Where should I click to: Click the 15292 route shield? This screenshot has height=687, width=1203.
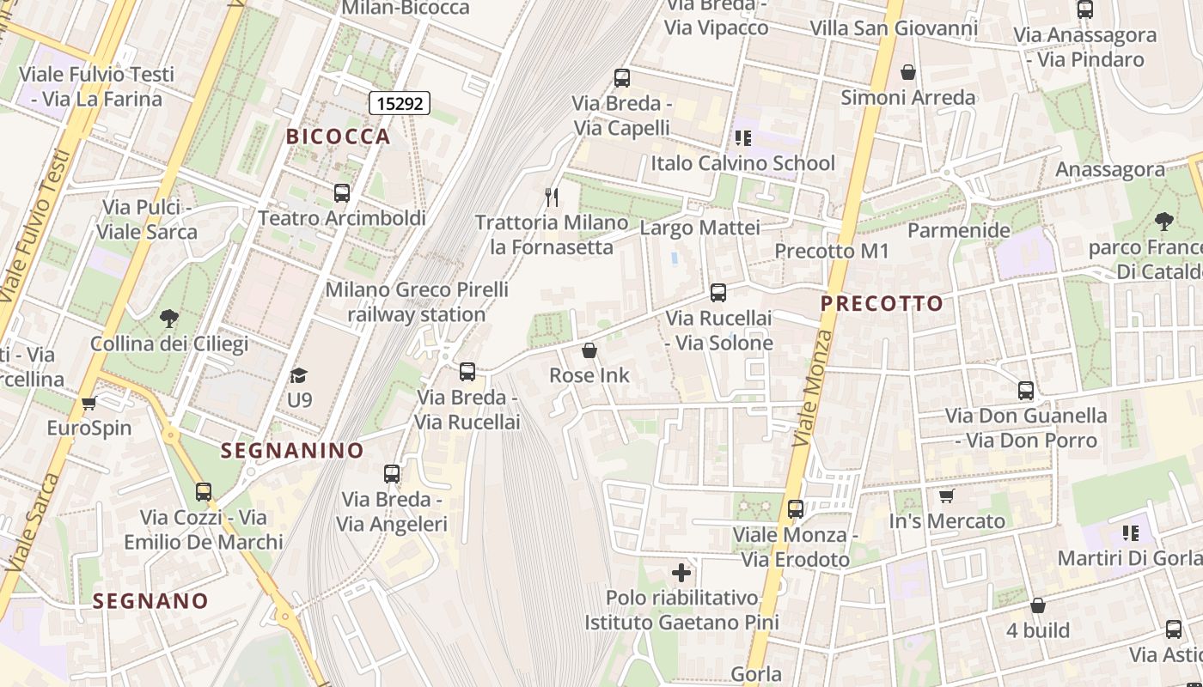400,104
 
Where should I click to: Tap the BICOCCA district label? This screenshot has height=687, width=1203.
339,137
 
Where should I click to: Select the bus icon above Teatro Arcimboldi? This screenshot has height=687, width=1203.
342,193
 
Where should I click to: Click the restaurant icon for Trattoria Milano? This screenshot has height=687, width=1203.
552,198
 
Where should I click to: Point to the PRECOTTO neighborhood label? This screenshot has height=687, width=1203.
882,303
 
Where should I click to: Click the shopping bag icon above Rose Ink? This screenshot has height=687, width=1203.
589,350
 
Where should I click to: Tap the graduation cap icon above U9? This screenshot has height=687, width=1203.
299,375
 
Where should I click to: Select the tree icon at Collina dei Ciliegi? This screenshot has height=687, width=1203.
169,319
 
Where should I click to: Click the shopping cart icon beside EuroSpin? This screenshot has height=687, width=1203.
89,403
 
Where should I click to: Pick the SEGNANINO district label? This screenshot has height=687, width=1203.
292,451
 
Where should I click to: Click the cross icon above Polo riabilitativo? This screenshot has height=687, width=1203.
681,573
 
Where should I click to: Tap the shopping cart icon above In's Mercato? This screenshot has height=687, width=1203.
947,496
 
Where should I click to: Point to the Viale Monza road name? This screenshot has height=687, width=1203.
812,388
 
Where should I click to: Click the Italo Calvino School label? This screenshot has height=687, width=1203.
742,163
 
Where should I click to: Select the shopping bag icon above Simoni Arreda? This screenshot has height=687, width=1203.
908,73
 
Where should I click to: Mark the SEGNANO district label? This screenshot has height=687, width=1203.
150,601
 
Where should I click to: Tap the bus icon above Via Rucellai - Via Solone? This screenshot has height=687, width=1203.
718,293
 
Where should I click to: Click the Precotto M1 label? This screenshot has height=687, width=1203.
832,252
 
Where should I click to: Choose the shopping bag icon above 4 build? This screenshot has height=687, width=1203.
1038,605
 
